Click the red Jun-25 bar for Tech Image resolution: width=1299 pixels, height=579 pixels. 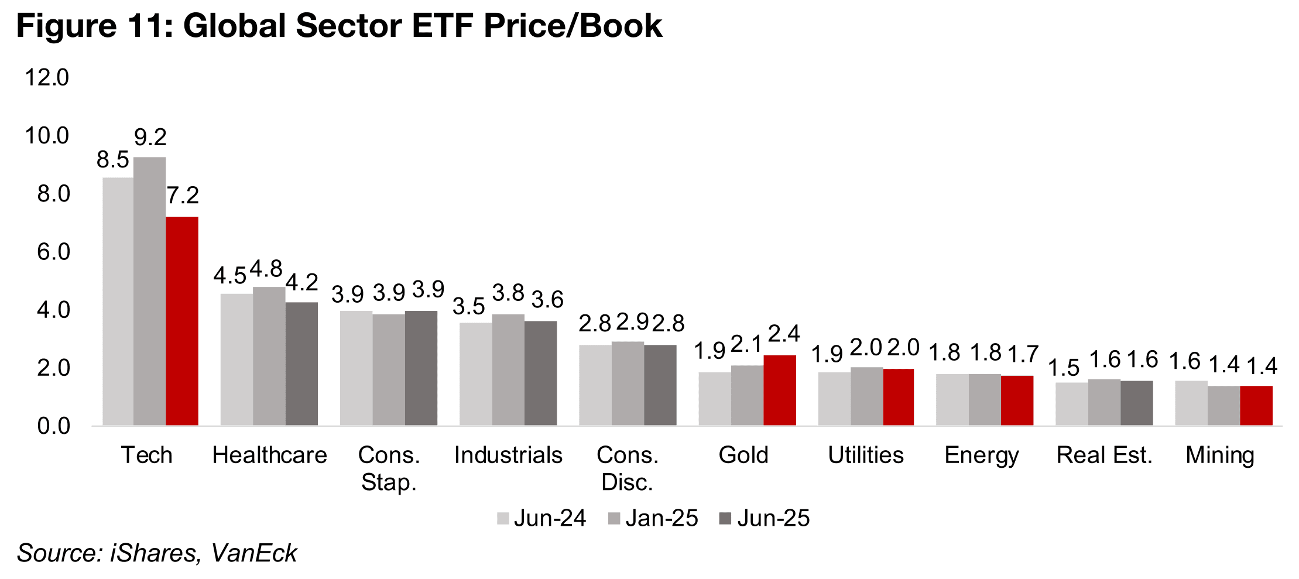(182, 321)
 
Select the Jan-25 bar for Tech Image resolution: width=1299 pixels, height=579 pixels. (149, 291)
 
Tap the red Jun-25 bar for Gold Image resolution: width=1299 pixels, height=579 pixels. (779, 390)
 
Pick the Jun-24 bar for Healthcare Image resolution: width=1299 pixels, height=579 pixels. (237, 359)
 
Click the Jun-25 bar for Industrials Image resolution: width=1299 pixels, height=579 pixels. (540, 373)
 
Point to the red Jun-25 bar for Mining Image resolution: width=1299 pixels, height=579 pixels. (1256, 405)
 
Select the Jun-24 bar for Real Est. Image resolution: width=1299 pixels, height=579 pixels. (1071, 403)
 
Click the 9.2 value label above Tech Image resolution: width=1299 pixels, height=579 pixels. (150, 138)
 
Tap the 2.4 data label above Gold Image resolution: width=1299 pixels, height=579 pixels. (783, 334)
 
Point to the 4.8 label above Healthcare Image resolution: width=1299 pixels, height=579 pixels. (266, 269)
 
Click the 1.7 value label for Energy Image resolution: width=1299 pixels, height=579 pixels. (1023, 354)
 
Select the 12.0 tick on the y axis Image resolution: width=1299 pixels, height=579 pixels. (47, 78)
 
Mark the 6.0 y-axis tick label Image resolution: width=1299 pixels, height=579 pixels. (53, 252)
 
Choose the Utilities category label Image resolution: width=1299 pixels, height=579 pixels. (865, 455)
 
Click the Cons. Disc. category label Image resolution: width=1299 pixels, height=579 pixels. (627, 468)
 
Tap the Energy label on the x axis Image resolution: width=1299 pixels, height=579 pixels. (981, 455)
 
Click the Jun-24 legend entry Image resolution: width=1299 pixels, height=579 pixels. (541, 518)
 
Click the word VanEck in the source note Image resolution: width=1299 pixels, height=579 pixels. (253, 553)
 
